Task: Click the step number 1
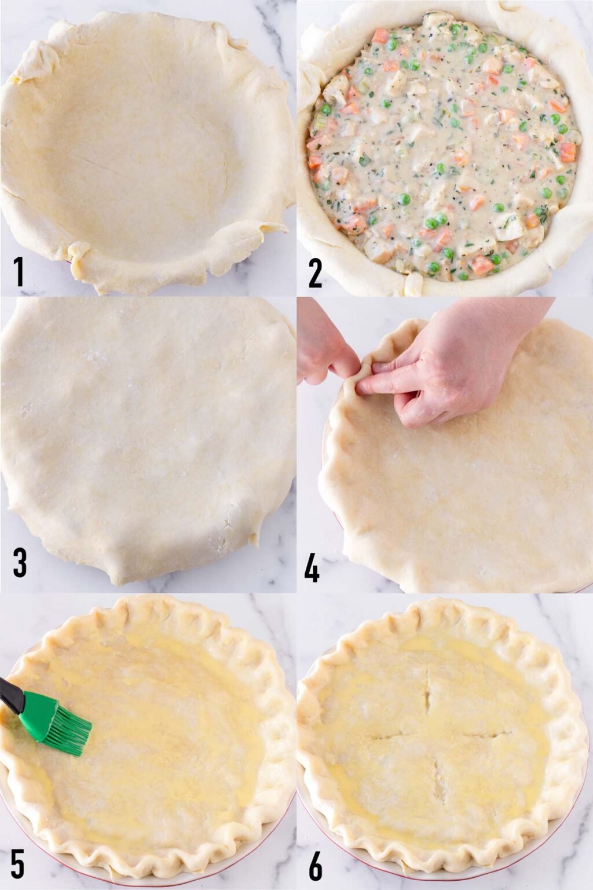tap(19, 272)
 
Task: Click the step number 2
tap(315, 272)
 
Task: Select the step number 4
tap(312, 568)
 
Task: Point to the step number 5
tap(17, 865)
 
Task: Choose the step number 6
tap(315, 865)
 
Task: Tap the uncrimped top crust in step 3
tap(145, 440)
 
